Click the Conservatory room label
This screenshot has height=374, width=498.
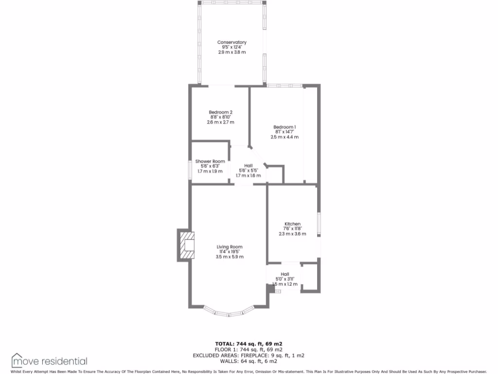coord(231,42)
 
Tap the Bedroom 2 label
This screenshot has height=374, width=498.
coord(220,112)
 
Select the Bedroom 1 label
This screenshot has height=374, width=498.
coord(285,127)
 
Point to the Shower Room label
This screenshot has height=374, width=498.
coord(210,161)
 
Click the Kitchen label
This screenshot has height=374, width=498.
coord(292,224)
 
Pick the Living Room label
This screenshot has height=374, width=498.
coord(230,247)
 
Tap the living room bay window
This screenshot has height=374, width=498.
coord(229,312)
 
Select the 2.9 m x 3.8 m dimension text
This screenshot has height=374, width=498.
coord(231,52)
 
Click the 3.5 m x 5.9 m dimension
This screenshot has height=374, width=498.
coord(230,257)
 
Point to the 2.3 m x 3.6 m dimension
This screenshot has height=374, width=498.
coord(292,234)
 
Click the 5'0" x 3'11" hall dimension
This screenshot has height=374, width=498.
coord(285,279)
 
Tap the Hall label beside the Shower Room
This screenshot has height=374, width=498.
coord(249,166)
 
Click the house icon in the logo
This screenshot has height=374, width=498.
coord(17,360)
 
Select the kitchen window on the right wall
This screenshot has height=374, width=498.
coord(319,224)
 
